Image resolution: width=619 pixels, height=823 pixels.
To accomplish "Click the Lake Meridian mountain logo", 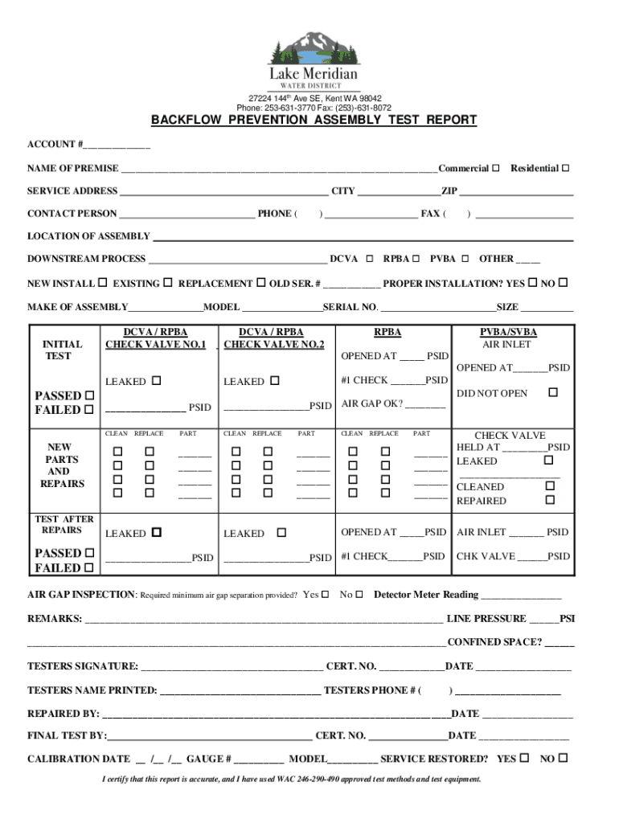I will pyautogui.click(x=314, y=48).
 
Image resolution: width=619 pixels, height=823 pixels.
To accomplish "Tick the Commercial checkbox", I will pyautogui.click(x=496, y=168).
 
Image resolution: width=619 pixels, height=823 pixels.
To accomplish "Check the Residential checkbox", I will pyautogui.click(x=565, y=168).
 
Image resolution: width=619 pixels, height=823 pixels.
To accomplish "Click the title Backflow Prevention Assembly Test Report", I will pyautogui.click(x=314, y=121).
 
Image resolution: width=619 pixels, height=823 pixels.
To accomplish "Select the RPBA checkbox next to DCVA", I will pyautogui.click(x=416, y=259).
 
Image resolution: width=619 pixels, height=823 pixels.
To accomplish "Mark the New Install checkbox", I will pyautogui.click(x=102, y=283).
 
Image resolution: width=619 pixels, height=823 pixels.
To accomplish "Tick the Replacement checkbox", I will pyautogui.click(x=260, y=283).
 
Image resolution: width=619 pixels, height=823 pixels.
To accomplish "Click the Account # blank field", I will pyautogui.click(x=116, y=145).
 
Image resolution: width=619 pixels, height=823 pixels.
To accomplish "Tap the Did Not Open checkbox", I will pyautogui.click(x=552, y=392).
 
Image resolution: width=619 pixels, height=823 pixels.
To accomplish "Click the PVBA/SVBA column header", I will pyautogui.click(x=508, y=333).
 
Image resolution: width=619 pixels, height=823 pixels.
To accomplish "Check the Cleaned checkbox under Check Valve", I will pyautogui.click(x=550, y=486).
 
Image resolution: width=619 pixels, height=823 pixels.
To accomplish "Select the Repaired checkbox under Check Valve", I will pyautogui.click(x=550, y=500).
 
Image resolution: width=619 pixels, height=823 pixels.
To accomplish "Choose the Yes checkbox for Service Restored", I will pyautogui.click(x=525, y=758).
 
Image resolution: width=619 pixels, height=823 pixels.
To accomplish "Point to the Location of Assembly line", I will pyautogui.click(x=363, y=237).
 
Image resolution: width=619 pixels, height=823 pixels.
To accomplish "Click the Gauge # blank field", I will pyautogui.click(x=259, y=760).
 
